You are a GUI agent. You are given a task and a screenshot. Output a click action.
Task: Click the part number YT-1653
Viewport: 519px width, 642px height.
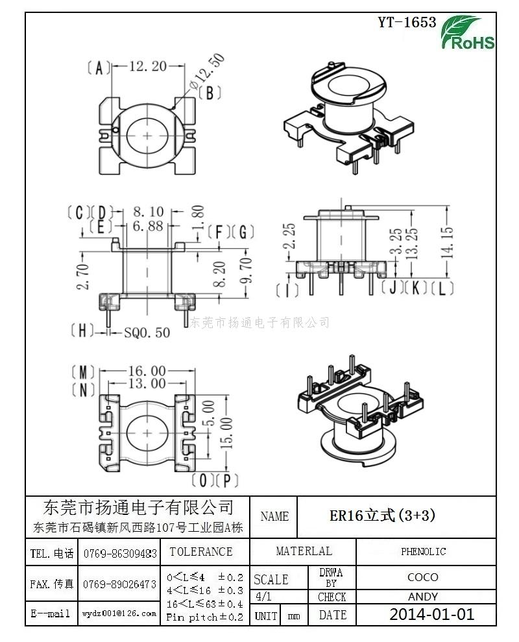point(407,23)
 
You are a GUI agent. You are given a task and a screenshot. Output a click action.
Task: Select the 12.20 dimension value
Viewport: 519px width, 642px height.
point(148,66)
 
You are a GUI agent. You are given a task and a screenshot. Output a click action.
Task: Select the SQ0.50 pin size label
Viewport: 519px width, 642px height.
point(147,332)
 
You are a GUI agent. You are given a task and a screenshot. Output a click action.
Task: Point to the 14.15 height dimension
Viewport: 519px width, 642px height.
point(447,239)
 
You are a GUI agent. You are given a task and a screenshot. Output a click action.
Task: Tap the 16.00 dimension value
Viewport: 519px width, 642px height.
point(147,371)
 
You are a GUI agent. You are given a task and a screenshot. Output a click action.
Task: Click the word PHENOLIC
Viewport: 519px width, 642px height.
point(423,552)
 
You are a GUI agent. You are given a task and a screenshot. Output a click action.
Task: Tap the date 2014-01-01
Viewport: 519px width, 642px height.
point(431,614)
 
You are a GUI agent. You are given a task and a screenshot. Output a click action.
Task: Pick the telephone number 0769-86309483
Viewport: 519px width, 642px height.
point(120,553)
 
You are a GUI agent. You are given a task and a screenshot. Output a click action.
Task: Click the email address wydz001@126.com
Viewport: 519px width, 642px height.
point(119,613)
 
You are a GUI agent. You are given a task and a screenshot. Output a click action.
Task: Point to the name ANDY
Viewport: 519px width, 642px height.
point(423,597)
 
